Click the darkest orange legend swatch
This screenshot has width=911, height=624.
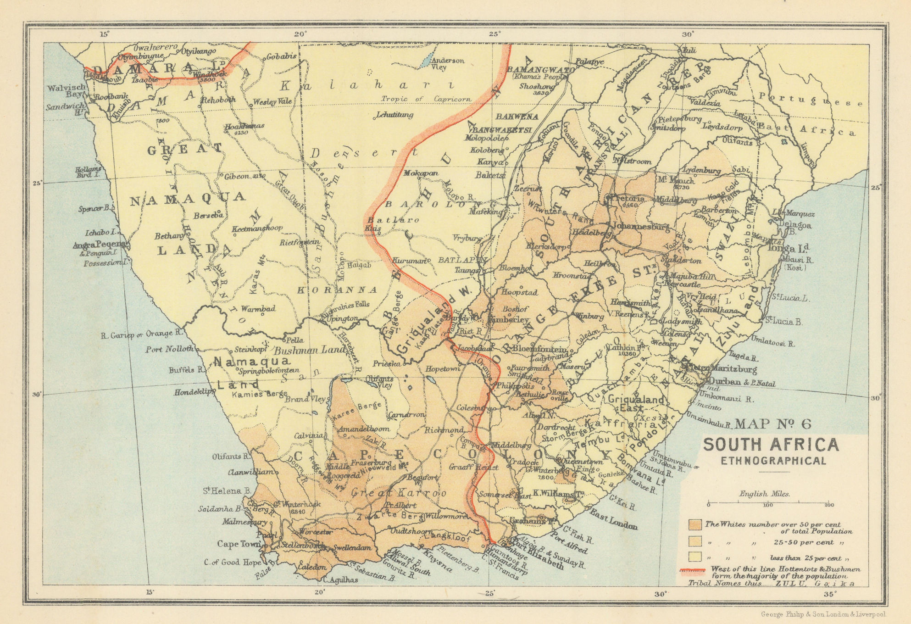pos(695,524)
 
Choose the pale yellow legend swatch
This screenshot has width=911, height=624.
pos(695,557)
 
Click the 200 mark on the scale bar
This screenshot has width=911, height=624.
pos(828,505)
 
